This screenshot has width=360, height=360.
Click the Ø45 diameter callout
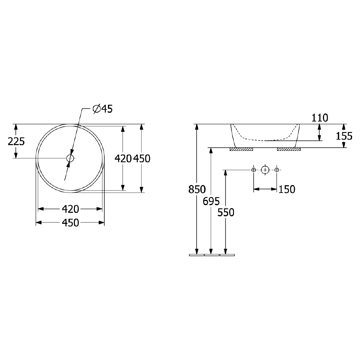point(103,109)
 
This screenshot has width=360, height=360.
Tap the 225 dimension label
point(16,141)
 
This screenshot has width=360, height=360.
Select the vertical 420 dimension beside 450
point(123,159)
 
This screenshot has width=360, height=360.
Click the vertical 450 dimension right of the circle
point(141,159)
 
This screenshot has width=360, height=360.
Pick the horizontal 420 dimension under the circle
point(71,209)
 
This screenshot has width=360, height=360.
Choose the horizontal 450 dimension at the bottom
point(71,223)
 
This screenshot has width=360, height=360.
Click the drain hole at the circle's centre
point(70,158)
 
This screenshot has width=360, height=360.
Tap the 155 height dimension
point(344,136)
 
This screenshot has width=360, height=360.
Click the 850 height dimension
point(197,189)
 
